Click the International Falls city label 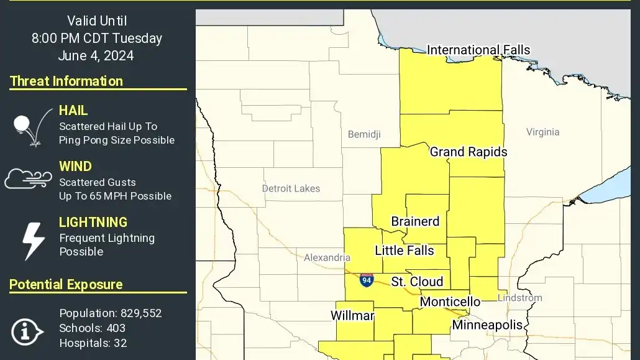478,50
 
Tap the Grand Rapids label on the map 469,152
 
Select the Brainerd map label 415,221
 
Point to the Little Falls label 405,251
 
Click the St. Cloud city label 417,282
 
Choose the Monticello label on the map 450,302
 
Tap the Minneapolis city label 487,325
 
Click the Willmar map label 352,316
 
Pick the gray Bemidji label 364,134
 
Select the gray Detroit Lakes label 291,188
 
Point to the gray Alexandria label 327,257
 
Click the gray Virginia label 542,132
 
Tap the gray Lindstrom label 520,298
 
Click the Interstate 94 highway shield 367,280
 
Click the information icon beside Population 27,331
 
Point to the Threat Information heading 66,81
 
